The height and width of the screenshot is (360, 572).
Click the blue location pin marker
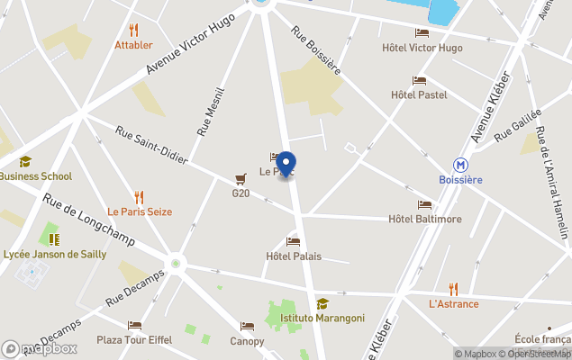click(286, 164)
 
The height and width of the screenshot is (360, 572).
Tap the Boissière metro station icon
click(460, 165)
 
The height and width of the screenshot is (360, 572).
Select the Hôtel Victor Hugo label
click(422, 48)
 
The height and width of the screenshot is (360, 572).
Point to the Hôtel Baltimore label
click(424, 219)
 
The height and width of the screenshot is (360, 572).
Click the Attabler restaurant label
click(133, 45)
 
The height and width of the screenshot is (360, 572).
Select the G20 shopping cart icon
click(241, 178)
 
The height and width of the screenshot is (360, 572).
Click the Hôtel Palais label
click(294, 256)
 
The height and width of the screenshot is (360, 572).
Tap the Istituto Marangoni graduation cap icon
click(322, 303)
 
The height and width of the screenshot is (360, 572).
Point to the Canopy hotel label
click(247, 341)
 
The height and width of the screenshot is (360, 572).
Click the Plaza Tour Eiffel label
click(133, 341)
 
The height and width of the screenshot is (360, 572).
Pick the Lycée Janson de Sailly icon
click(54, 239)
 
